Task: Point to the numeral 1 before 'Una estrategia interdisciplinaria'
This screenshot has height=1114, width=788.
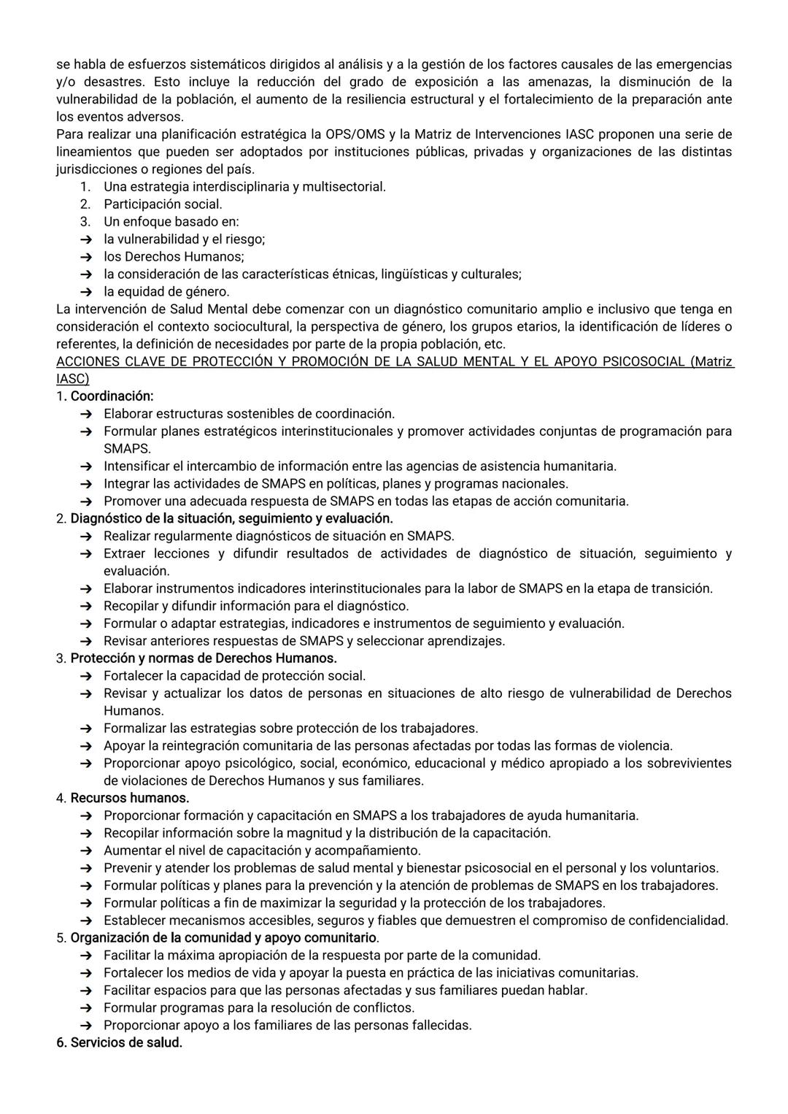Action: (x=85, y=187)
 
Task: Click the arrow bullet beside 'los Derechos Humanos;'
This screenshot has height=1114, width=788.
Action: (x=86, y=257)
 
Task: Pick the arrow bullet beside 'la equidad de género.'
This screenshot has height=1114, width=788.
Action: (x=86, y=292)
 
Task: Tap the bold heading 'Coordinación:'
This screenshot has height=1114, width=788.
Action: (x=112, y=396)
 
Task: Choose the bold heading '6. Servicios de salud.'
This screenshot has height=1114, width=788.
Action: (x=119, y=1042)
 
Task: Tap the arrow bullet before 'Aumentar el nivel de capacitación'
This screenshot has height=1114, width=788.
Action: (x=86, y=850)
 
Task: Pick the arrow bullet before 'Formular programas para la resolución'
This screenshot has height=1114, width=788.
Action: (x=86, y=1007)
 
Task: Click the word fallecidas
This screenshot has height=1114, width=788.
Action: (x=440, y=1025)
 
